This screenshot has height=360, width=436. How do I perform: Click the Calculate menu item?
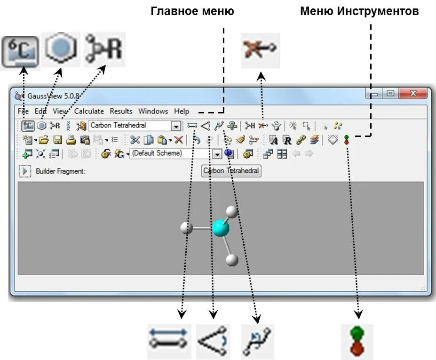point(89,111)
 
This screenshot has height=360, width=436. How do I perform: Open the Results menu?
point(121,111)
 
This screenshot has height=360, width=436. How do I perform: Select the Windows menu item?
point(153,111)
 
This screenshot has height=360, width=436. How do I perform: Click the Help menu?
point(182,111)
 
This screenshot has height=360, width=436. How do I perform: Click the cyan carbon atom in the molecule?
point(220,228)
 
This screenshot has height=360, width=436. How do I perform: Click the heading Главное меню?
point(192,11)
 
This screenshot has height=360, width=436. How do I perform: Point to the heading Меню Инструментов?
point(359,11)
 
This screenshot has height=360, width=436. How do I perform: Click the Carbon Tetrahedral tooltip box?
point(231,171)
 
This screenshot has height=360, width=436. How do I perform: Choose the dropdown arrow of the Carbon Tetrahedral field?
point(176,126)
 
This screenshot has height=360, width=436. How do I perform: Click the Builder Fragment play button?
point(25,171)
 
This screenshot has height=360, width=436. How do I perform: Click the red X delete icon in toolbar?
point(179,139)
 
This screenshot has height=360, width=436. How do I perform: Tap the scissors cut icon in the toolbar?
point(135,139)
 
